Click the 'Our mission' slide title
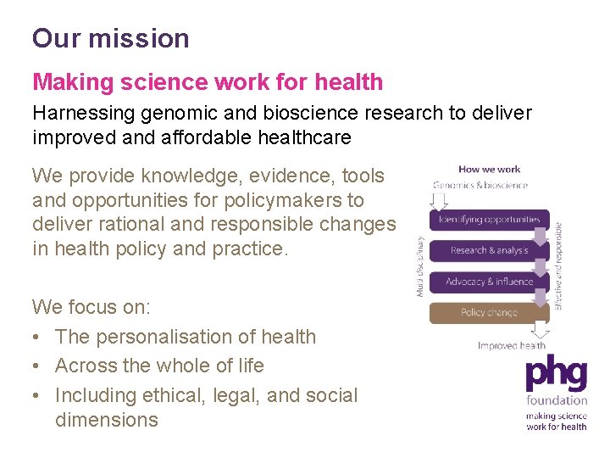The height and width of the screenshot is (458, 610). pos(111,38)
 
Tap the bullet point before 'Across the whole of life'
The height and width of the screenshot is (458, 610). pos(37,366)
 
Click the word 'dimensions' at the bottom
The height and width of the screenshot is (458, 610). pos(107,420)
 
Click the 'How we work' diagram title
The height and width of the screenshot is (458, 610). pos(489,170)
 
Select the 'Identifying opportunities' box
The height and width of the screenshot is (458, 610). pos(489,219)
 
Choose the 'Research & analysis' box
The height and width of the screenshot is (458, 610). pos(489,250)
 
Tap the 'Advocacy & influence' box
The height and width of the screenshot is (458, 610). pos(489,282)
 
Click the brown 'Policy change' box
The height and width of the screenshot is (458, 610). pos(489,313)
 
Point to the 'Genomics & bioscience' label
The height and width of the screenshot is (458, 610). pos(480,185)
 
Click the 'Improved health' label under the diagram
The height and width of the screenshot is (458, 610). pos(511,345)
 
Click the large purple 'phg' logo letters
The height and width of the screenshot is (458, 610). pos(555,374)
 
